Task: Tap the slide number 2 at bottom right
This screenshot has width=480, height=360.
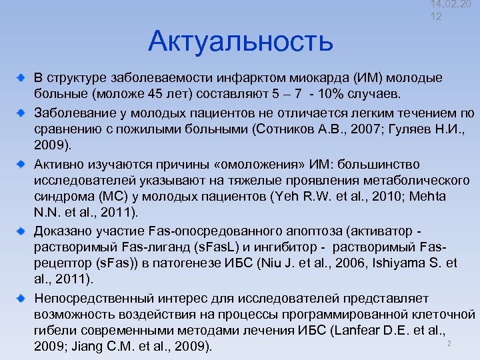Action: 449,343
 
